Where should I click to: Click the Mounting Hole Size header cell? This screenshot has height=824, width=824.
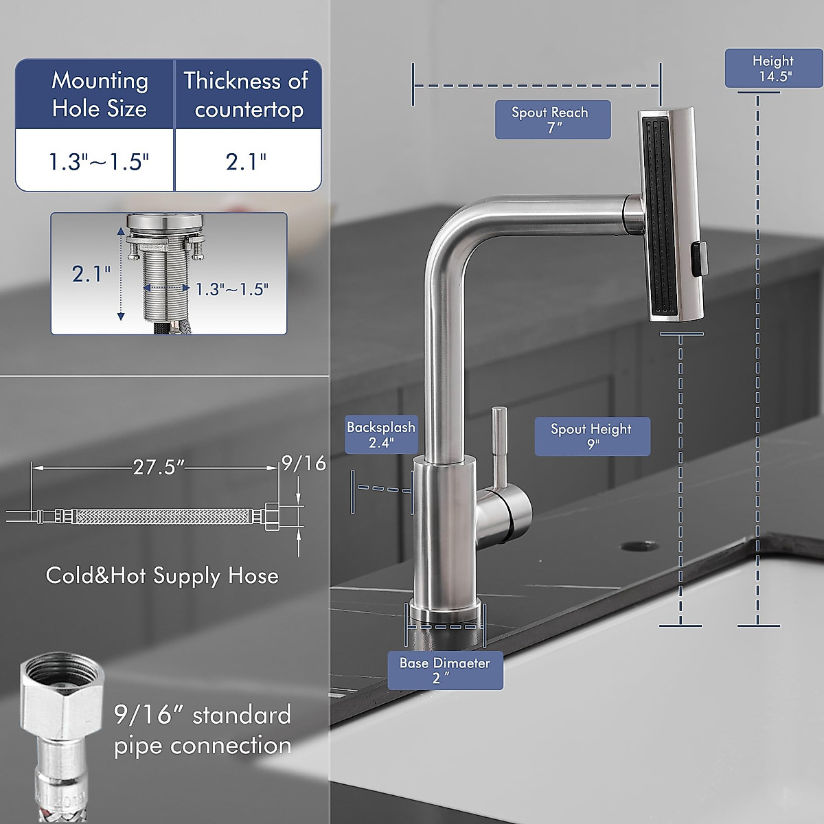(99, 94)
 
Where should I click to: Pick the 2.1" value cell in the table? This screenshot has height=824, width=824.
(246, 161)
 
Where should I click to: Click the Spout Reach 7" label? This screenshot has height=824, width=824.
(552, 119)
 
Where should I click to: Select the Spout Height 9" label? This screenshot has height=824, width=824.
(591, 436)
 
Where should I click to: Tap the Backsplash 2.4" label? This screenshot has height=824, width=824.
(380, 435)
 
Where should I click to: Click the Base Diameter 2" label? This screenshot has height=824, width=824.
(445, 670)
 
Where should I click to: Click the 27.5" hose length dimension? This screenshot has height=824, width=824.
(159, 468)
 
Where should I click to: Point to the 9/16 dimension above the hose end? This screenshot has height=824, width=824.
(304, 463)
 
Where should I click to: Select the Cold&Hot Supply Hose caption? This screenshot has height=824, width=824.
(162, 575)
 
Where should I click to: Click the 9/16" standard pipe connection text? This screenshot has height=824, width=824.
(203, 729)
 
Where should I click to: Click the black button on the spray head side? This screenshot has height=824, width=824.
(698, 261)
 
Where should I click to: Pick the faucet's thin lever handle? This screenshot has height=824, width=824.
(499, 446)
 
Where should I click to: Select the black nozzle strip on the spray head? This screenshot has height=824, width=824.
(662, 216)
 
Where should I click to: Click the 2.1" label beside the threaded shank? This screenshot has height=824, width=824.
(91, 274)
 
